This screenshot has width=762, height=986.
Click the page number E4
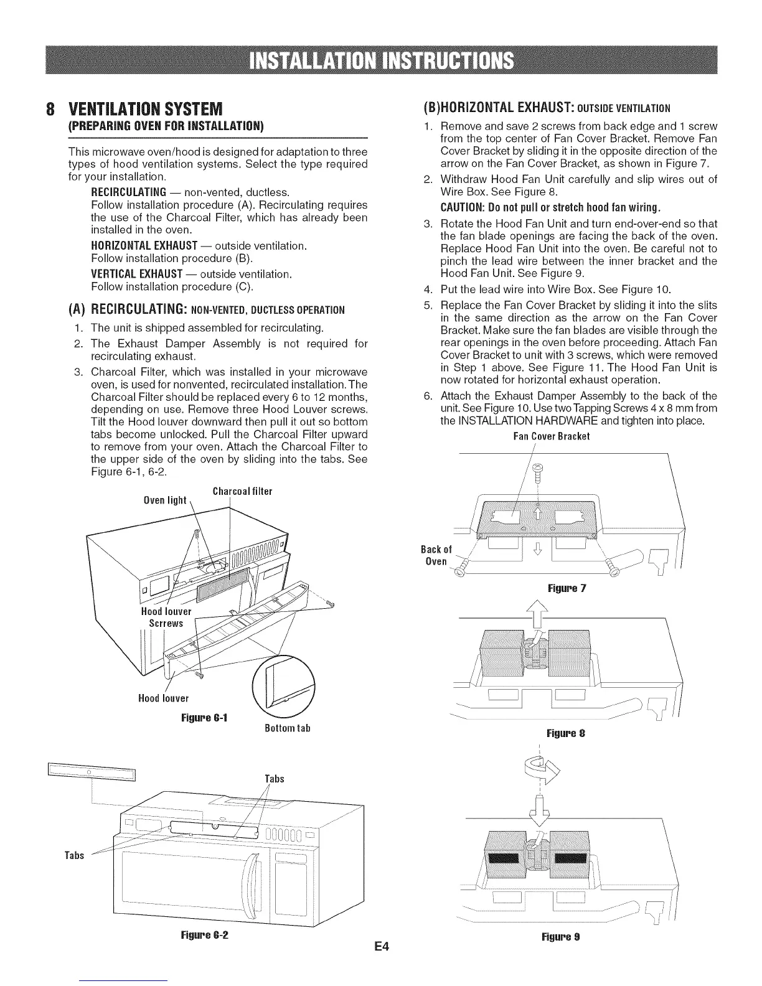382,947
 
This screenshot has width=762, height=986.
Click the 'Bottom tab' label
283,728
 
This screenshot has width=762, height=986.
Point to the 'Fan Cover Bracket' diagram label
552,436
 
